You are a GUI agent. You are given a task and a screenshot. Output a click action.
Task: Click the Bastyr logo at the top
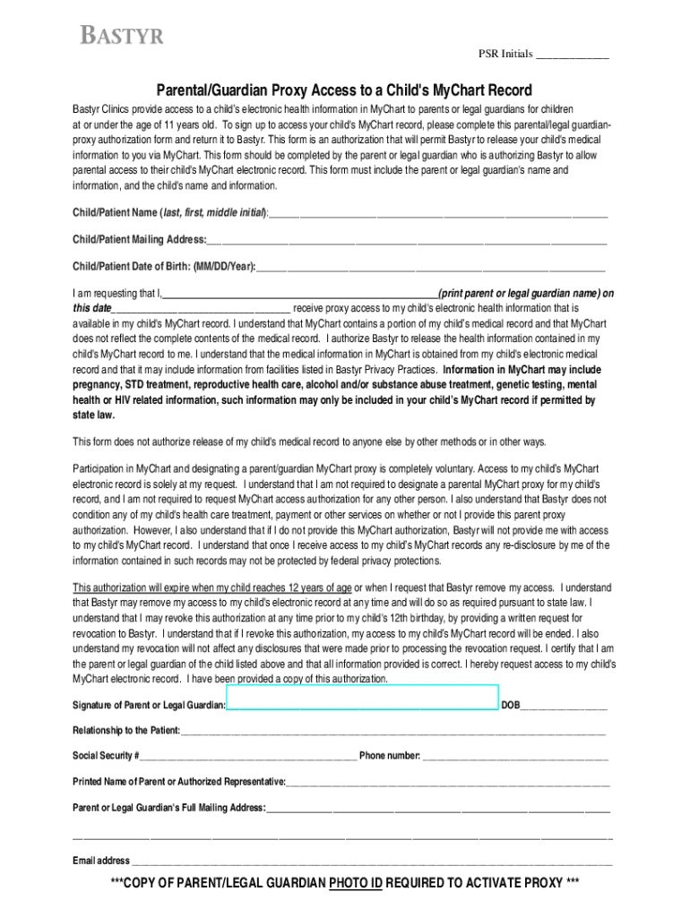(123, 37)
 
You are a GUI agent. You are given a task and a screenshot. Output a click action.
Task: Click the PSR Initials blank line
(572, 56)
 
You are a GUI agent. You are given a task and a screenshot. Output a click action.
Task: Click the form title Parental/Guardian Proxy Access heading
(344, 90)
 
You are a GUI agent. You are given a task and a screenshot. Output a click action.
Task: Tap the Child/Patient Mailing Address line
(407, 240)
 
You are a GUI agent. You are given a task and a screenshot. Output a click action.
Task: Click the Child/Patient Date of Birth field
(430, 267)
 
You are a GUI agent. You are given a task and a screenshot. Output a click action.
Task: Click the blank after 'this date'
(202, 307)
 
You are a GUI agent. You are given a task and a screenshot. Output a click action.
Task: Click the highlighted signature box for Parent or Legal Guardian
(362, 698)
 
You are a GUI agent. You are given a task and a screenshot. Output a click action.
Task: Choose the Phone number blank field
(515, 756)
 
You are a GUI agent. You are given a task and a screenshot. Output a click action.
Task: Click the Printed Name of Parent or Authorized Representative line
(448, 782)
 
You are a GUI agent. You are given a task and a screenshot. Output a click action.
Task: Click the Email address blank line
(371, 861)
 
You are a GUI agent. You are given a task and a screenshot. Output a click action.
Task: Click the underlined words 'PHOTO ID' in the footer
(356, 884)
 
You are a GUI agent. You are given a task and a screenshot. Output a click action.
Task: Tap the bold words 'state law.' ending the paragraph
(94, 416)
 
